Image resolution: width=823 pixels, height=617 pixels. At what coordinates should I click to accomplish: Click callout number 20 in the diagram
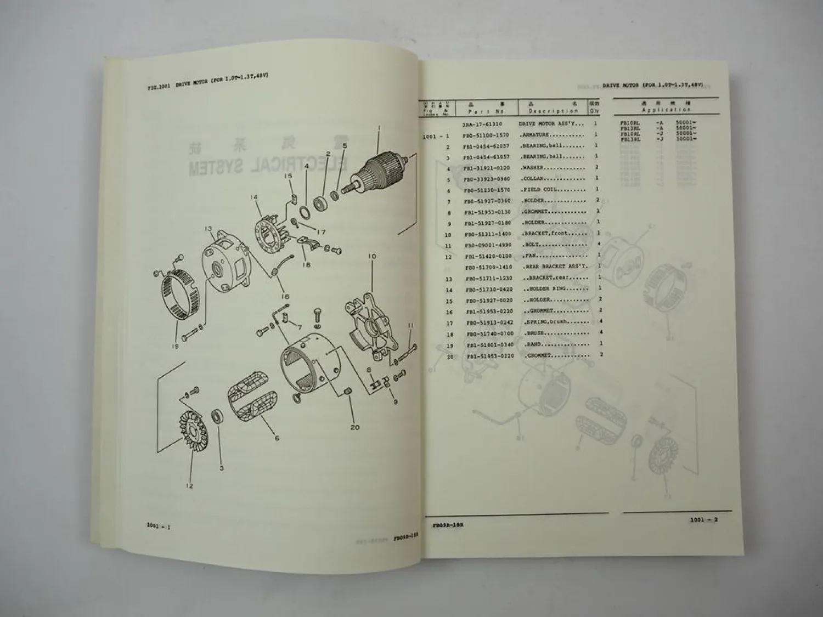click(355, 427)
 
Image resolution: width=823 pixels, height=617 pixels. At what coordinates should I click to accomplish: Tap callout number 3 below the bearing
click(221, 468)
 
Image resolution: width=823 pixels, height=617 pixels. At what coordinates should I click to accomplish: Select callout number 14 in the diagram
click(253, 197)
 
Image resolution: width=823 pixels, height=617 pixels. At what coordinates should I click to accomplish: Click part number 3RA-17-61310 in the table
click(483, 124)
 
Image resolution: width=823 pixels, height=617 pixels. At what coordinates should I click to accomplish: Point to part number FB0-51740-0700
click(489, 333)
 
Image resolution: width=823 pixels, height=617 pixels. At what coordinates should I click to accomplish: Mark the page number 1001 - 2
click(703, 520)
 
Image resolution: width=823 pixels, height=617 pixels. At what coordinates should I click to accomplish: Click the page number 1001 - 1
click(159, 527)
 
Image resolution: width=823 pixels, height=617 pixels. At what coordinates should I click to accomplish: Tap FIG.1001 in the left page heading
click(159, 86)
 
